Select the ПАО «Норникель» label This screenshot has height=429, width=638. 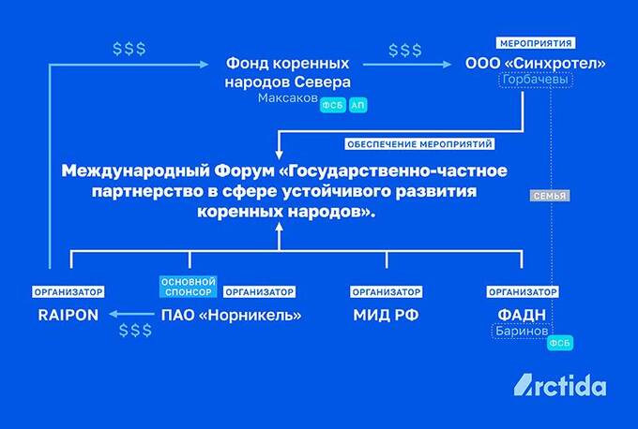point(232,315)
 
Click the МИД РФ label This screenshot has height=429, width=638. point(385,315)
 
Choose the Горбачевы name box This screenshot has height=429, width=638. point(536,81)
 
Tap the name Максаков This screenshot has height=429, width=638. point(287,97)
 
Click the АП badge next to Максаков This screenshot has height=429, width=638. point(357,106)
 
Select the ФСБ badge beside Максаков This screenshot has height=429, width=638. point(332,106)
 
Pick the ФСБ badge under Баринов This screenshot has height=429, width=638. point(558,344)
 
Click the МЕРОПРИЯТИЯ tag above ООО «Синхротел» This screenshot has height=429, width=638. point(535,44)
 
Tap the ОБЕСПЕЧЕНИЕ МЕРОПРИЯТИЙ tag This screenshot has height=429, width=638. point(419,145)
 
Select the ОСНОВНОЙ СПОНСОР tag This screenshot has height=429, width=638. point(190,286)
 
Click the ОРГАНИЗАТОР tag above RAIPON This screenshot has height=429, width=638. point(67,291)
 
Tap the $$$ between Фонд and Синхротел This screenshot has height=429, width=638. point(404,49)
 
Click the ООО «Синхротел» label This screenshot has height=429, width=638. point(536,64)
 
